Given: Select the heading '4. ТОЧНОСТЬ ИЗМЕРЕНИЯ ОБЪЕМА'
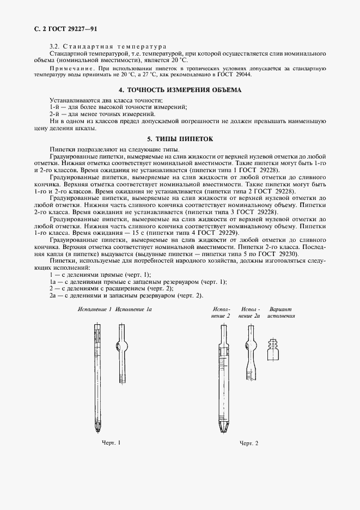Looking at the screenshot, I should (180, 89).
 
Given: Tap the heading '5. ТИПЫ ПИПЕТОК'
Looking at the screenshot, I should (180, 139).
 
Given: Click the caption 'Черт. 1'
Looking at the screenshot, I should (111, 442).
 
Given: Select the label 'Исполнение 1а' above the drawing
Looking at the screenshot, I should (133, 309).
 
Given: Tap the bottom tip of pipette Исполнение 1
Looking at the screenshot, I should (97, 428).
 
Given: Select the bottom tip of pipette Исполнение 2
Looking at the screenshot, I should (223, 429).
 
